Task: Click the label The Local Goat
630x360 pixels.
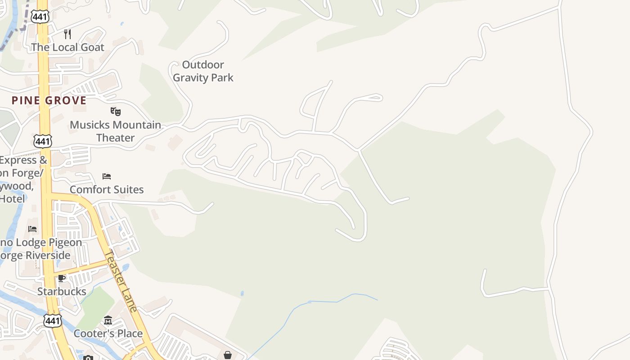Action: (67, 47)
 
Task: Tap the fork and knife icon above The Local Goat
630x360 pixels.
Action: (67, 34)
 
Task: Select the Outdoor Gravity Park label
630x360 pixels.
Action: (203, 71)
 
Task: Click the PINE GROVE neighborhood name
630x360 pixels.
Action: (49, 100)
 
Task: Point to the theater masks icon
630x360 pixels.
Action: (116, 111)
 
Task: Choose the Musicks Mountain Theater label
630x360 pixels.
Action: (115, 131)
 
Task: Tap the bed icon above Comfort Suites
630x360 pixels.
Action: (107, 176)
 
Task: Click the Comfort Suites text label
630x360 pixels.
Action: (107, 189)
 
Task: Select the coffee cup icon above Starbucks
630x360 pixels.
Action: (62, 278)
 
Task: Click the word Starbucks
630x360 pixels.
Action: (62, 292)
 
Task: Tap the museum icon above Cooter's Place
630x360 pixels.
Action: (108, 320)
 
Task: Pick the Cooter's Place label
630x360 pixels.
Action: (108, 333)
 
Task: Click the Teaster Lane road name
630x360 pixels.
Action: (121, 281)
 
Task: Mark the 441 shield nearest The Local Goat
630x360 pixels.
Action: (40, 17)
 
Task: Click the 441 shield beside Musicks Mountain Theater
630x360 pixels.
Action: (42, 141)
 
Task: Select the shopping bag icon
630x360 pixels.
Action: (228, 355)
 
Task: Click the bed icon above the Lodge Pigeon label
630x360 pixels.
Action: (32, 229)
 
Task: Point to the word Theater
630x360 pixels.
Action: (116, 138)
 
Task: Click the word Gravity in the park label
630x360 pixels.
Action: (190, 77)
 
